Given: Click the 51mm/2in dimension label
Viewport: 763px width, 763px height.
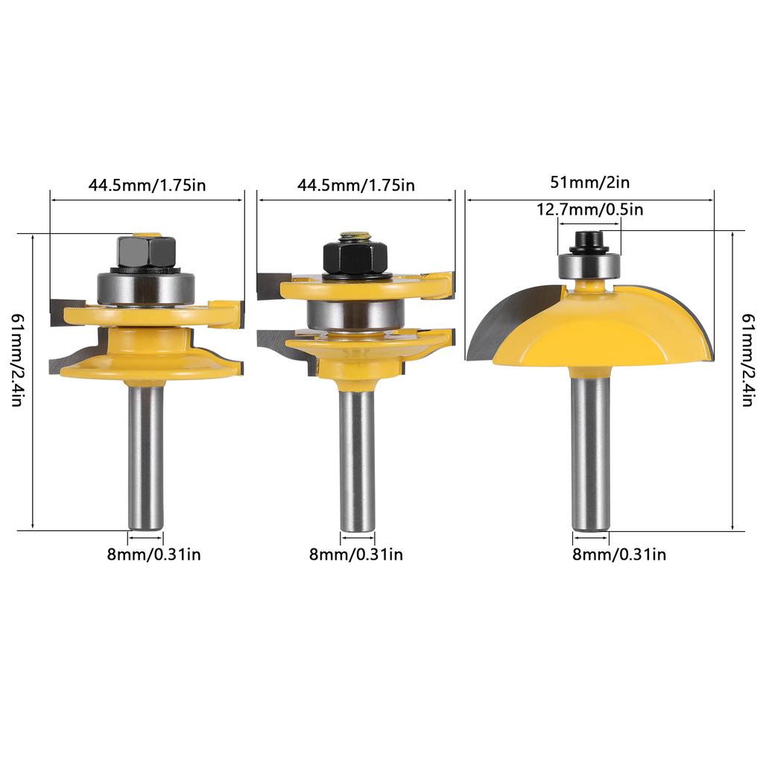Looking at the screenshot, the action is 590,183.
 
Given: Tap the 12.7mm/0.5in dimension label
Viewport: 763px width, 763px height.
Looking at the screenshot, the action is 590,209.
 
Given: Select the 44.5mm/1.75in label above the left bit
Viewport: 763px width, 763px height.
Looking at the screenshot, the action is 147,186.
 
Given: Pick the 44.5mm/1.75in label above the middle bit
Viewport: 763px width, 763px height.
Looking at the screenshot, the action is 355,186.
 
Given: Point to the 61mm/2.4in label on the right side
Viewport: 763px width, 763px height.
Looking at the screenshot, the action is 747,360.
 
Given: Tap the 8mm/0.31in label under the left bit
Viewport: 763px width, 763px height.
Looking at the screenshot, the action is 153,554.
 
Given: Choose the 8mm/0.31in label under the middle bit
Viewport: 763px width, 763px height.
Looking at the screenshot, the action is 356,554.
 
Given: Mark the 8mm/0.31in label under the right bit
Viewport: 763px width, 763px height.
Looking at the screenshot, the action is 619,554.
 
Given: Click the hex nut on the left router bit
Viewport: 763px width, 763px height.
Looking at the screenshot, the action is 146,252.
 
